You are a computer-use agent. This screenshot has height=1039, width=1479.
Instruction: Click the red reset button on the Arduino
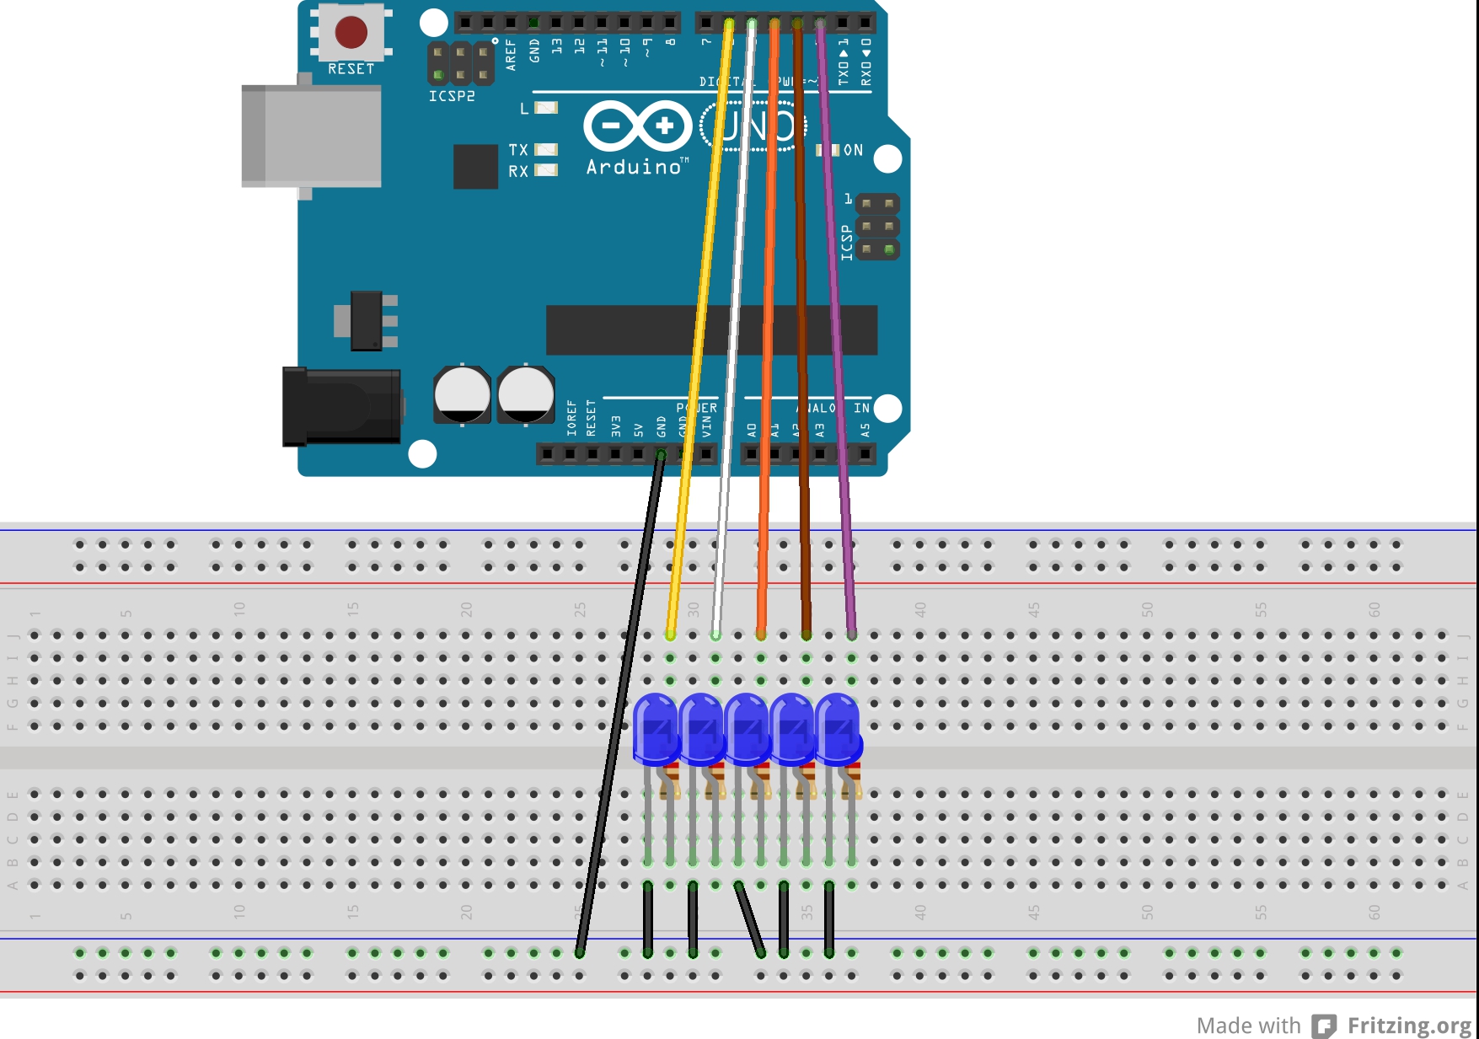(351, 32)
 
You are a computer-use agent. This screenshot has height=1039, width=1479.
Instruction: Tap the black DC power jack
(340, 406)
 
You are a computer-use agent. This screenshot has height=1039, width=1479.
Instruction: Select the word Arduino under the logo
(634, 167)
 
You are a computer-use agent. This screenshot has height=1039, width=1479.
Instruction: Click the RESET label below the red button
(351, 69)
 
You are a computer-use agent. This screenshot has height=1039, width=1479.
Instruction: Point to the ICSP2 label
(452, 96)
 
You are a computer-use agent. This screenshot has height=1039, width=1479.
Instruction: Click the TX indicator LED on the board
(546, 149)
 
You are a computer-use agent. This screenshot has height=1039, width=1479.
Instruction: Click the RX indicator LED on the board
(546, 170)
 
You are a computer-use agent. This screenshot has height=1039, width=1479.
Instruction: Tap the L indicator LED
(546, 108)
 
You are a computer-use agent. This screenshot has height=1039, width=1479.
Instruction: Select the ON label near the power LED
(853, 150)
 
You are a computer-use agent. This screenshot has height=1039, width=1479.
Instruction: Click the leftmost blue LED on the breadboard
(656, 728)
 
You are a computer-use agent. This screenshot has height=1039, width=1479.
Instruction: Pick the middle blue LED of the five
(747, 728)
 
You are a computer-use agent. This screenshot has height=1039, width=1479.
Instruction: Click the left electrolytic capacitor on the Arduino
(462, 394)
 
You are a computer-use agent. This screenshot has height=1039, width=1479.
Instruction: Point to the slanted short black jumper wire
(749, 919)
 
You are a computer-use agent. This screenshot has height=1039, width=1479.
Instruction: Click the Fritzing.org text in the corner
(1409, 1026)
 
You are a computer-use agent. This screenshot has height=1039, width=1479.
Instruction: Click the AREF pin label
(511, 54)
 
